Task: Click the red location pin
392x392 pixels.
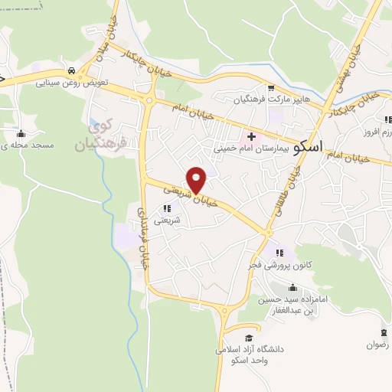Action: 197,180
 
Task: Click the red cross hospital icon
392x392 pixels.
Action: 251,136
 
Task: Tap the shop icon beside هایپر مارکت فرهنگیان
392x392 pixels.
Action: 270,88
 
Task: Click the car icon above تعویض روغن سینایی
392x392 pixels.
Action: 71,68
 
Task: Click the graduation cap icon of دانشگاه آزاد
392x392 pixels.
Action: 249,338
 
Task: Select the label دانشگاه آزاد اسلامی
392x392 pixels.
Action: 249,354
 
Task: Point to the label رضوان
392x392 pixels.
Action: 377,345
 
